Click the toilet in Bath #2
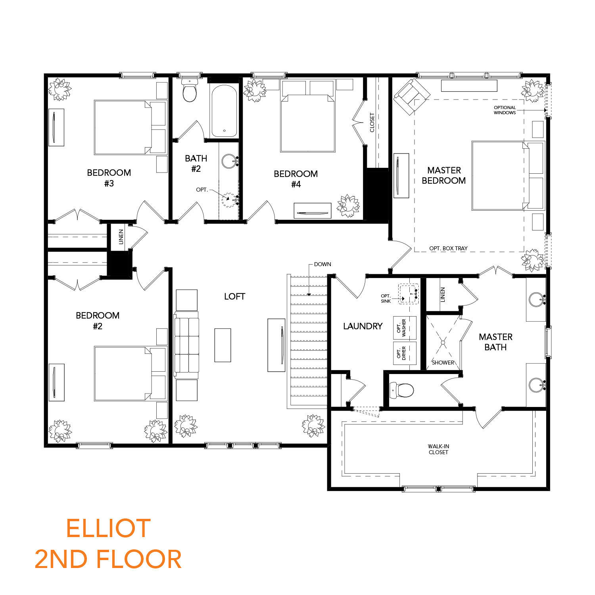tap(190, 90)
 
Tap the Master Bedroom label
tap(444, 175)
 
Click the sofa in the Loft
tap(186, 345)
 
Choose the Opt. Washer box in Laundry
tap(405, 328)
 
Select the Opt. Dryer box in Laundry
tap(405, 353)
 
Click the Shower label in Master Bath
tap(443, 363)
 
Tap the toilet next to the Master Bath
tap(401, 390)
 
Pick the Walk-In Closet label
tap(438, 449)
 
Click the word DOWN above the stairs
tap(322, 264)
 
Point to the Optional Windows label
tap(505, 110)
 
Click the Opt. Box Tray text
tap(448, 248)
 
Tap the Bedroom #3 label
tap(109, 178)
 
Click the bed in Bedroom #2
tap(130, 373)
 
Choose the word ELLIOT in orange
tap(108, 528)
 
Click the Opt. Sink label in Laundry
tap(386, 298)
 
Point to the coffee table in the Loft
tap(223, 345)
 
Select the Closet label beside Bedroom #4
tap(372, 123)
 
